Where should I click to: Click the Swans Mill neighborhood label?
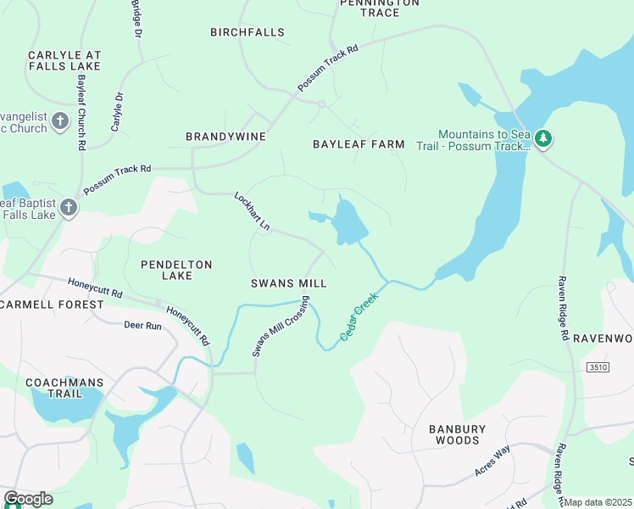288,283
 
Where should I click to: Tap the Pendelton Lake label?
176,271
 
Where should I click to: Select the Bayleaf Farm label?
359,144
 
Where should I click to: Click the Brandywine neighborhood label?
226,137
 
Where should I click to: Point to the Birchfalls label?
247,32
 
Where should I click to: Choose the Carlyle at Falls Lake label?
64,60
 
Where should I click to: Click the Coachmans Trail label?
64,388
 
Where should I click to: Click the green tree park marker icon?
543,137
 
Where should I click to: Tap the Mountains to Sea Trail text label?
484,140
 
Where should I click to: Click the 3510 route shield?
597,366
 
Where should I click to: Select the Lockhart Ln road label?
252,211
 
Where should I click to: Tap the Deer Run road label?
142,325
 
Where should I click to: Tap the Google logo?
28,499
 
